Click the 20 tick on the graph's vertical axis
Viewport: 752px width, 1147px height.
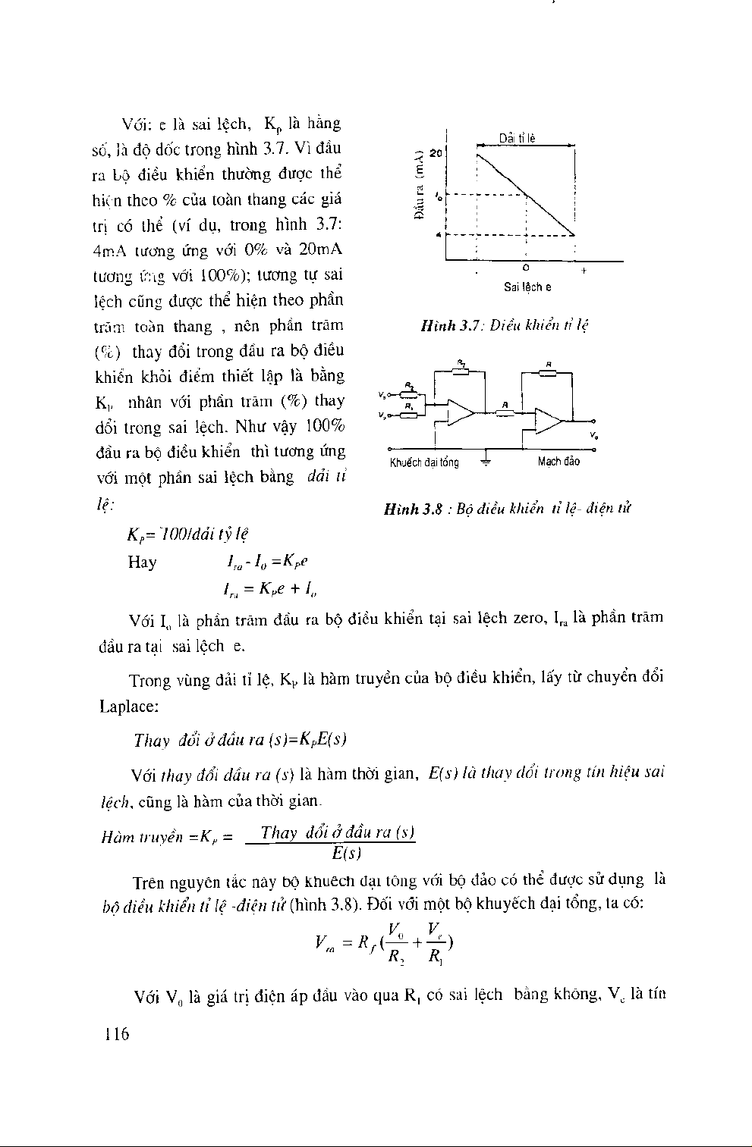[x=435, y=153]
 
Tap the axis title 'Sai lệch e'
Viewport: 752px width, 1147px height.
[x=527, y=287]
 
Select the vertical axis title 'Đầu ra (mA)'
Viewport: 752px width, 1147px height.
[x=418, y=186]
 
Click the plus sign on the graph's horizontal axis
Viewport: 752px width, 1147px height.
[x=583, y=271]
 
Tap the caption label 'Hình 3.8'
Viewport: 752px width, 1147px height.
[x=413, y=508]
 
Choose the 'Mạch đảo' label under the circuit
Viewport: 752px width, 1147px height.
[x=558, y=461]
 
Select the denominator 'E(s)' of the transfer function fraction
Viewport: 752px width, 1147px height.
[x=346, y=852]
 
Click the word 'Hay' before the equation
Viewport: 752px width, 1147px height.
[x=143, y=562]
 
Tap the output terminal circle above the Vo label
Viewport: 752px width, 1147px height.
[x=593, y=421]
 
